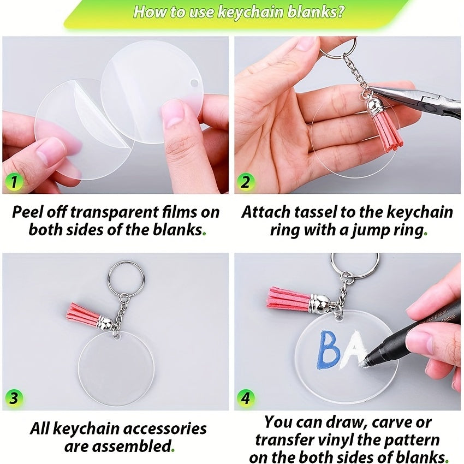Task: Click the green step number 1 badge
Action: tap(14, 182)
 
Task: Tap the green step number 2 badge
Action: tap(245, 182)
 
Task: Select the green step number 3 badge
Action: tap(14, 398)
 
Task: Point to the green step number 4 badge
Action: tap(245, 398)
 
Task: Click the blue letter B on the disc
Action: tap(329, 350)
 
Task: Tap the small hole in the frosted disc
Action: tap(194, 82)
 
